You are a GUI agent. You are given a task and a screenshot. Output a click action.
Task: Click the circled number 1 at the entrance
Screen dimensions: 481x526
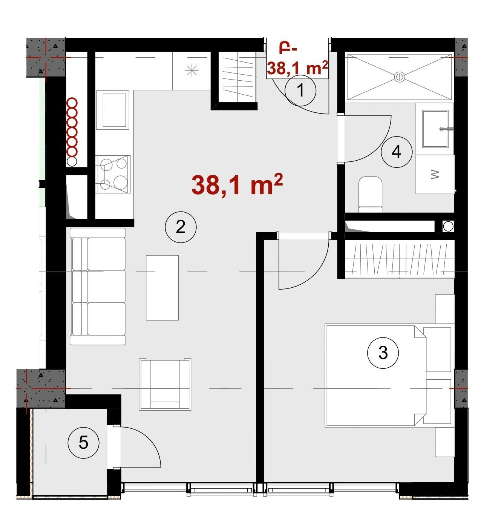[x=300, y=90]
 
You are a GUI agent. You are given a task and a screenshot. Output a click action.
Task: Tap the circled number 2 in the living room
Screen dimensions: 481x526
[x=181, y=227]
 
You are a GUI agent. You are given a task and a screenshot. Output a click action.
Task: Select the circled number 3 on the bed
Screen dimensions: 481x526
[x=383, y=353]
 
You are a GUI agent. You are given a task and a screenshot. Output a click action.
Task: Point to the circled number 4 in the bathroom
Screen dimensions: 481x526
[x=396, y=152]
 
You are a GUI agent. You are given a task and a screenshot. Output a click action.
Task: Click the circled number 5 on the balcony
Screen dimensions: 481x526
[x=83, y=443]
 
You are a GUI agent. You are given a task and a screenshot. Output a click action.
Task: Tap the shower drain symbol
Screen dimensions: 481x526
[x=399, y=77]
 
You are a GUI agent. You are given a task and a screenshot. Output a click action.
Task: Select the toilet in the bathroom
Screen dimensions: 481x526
[x=370, y=194]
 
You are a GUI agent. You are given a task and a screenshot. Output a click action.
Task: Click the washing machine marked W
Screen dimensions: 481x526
[x=435, y=174]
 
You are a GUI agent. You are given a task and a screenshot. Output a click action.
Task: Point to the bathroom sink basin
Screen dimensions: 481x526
[x=435, y=129]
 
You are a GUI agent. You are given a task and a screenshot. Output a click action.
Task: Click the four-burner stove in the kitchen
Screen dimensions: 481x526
[x=113, y=174]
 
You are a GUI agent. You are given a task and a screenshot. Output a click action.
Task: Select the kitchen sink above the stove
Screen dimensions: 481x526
[x=113, y=110]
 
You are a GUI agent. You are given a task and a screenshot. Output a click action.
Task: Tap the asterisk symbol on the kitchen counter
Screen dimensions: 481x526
[x=192, y=71]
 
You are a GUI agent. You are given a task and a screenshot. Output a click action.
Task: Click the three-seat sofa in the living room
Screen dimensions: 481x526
[x=98, y=286]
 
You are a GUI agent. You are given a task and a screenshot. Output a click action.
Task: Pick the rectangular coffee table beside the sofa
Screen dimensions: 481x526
[x=162, y=288]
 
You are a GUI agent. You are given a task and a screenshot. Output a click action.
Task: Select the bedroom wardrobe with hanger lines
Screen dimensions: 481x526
[x=400, y=259]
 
